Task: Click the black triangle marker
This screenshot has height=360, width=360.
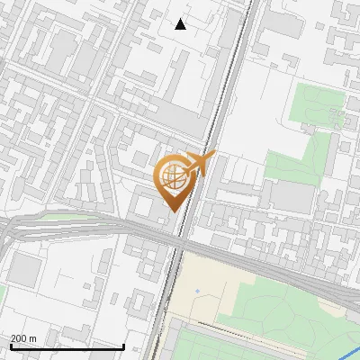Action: tap(181, 24)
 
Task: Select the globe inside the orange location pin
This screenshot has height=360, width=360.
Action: tap(172, 175)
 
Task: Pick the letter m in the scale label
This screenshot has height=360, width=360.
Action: tap(32, 337)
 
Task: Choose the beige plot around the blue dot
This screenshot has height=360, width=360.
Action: tap(193, 301)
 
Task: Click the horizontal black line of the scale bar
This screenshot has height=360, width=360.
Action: tap(67, 346)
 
